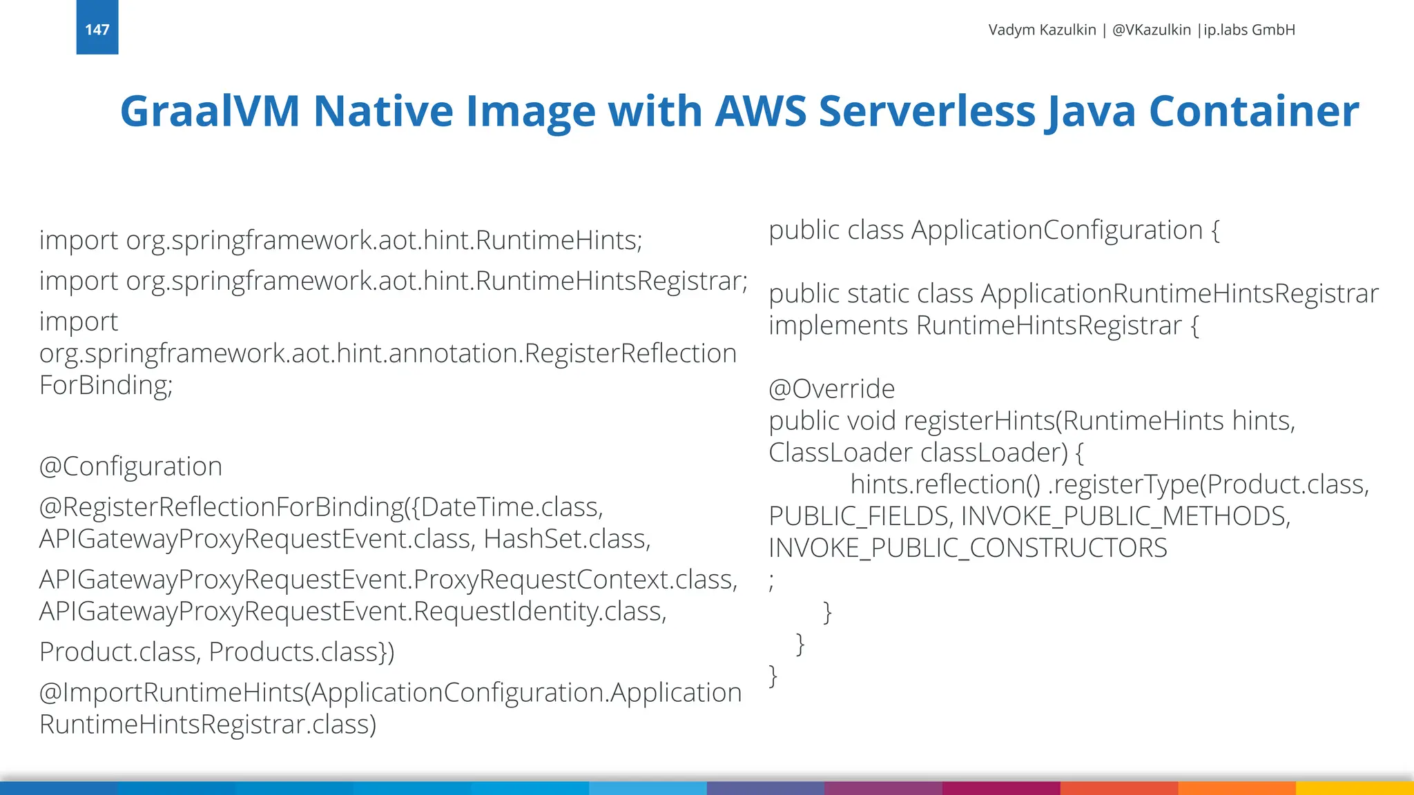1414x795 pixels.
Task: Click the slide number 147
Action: (x=97, y=30)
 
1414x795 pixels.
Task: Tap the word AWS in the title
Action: (x=760, y=111)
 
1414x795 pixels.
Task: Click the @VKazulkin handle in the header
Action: (x=1151, y=30)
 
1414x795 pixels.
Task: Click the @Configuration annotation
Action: (x=130, y=467)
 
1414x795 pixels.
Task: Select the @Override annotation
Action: (x=831, y=389)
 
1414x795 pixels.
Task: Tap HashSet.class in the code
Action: (x=566, y=539)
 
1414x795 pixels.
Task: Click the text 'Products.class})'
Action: (x=301, y=652)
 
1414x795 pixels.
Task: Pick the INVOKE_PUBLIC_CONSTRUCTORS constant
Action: (x=967, y=548)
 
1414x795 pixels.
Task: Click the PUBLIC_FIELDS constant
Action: (x=861, y=516)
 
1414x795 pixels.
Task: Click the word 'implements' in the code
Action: (x=837, y=326)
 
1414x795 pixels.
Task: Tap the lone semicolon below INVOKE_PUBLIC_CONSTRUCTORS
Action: (x=772, y=581)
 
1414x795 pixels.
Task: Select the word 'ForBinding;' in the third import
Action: (x=106, y=385)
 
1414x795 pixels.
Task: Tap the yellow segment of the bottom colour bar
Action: (x=1355, y=788)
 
